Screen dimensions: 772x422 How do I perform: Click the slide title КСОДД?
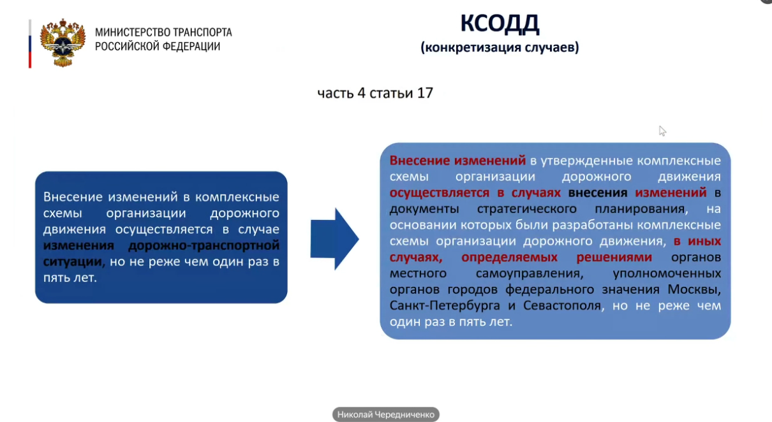click(x=500, y=24)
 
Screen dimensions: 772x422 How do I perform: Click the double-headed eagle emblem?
click(x=63, y=43)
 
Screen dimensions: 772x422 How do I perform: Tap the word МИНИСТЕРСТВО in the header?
click(x=133, y=33)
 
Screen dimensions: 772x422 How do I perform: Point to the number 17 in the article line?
click(x=425, y=93)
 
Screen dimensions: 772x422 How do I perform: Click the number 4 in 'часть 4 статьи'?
click(x=361, y=93)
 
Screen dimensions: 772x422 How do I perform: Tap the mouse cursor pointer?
click(x=662, y=131)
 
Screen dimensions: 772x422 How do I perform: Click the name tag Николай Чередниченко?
click(x=385, y=414)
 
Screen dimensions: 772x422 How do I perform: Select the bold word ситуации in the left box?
click(x=72, y=261)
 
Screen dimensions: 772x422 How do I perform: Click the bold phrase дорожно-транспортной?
click(x=204, y=245)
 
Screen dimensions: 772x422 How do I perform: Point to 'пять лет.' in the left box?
click(x=70, y=278)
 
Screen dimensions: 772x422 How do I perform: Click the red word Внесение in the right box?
click(x=419, y=161)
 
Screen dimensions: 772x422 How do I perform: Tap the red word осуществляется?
click(x=440, y=193)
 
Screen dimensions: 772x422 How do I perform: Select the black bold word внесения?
click(x=598, y=193)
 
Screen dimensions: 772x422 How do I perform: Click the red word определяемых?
click(x=509, y=258)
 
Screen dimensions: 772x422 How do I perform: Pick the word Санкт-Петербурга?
click(x=445, y=305)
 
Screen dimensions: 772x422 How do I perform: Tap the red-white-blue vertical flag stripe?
click(x=30, y=44)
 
